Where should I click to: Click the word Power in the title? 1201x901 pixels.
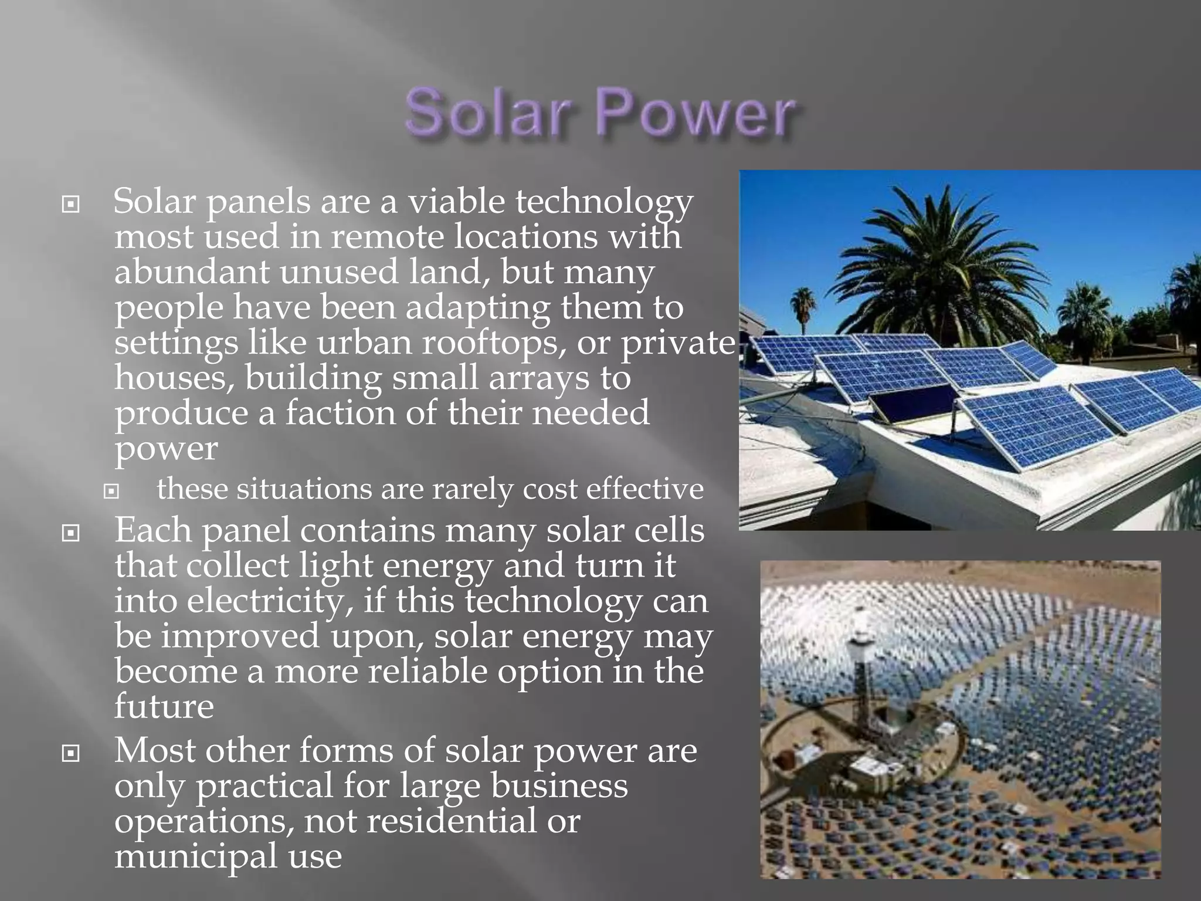tap(696, 113)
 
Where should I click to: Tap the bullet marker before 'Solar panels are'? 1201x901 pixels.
tap(70, 205)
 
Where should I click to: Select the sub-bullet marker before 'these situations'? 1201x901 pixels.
tap(111, 490)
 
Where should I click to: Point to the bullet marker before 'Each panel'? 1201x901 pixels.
tap(70, 533)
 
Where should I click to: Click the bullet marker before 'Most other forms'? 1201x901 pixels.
tap(70, 753)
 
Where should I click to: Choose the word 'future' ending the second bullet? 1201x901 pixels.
tap(164, 706)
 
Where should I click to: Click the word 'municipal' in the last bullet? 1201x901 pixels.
tap(196, 856)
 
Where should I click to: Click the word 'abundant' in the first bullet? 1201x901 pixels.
tap(191, 272)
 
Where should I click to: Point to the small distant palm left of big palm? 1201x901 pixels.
tap(803, 305)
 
